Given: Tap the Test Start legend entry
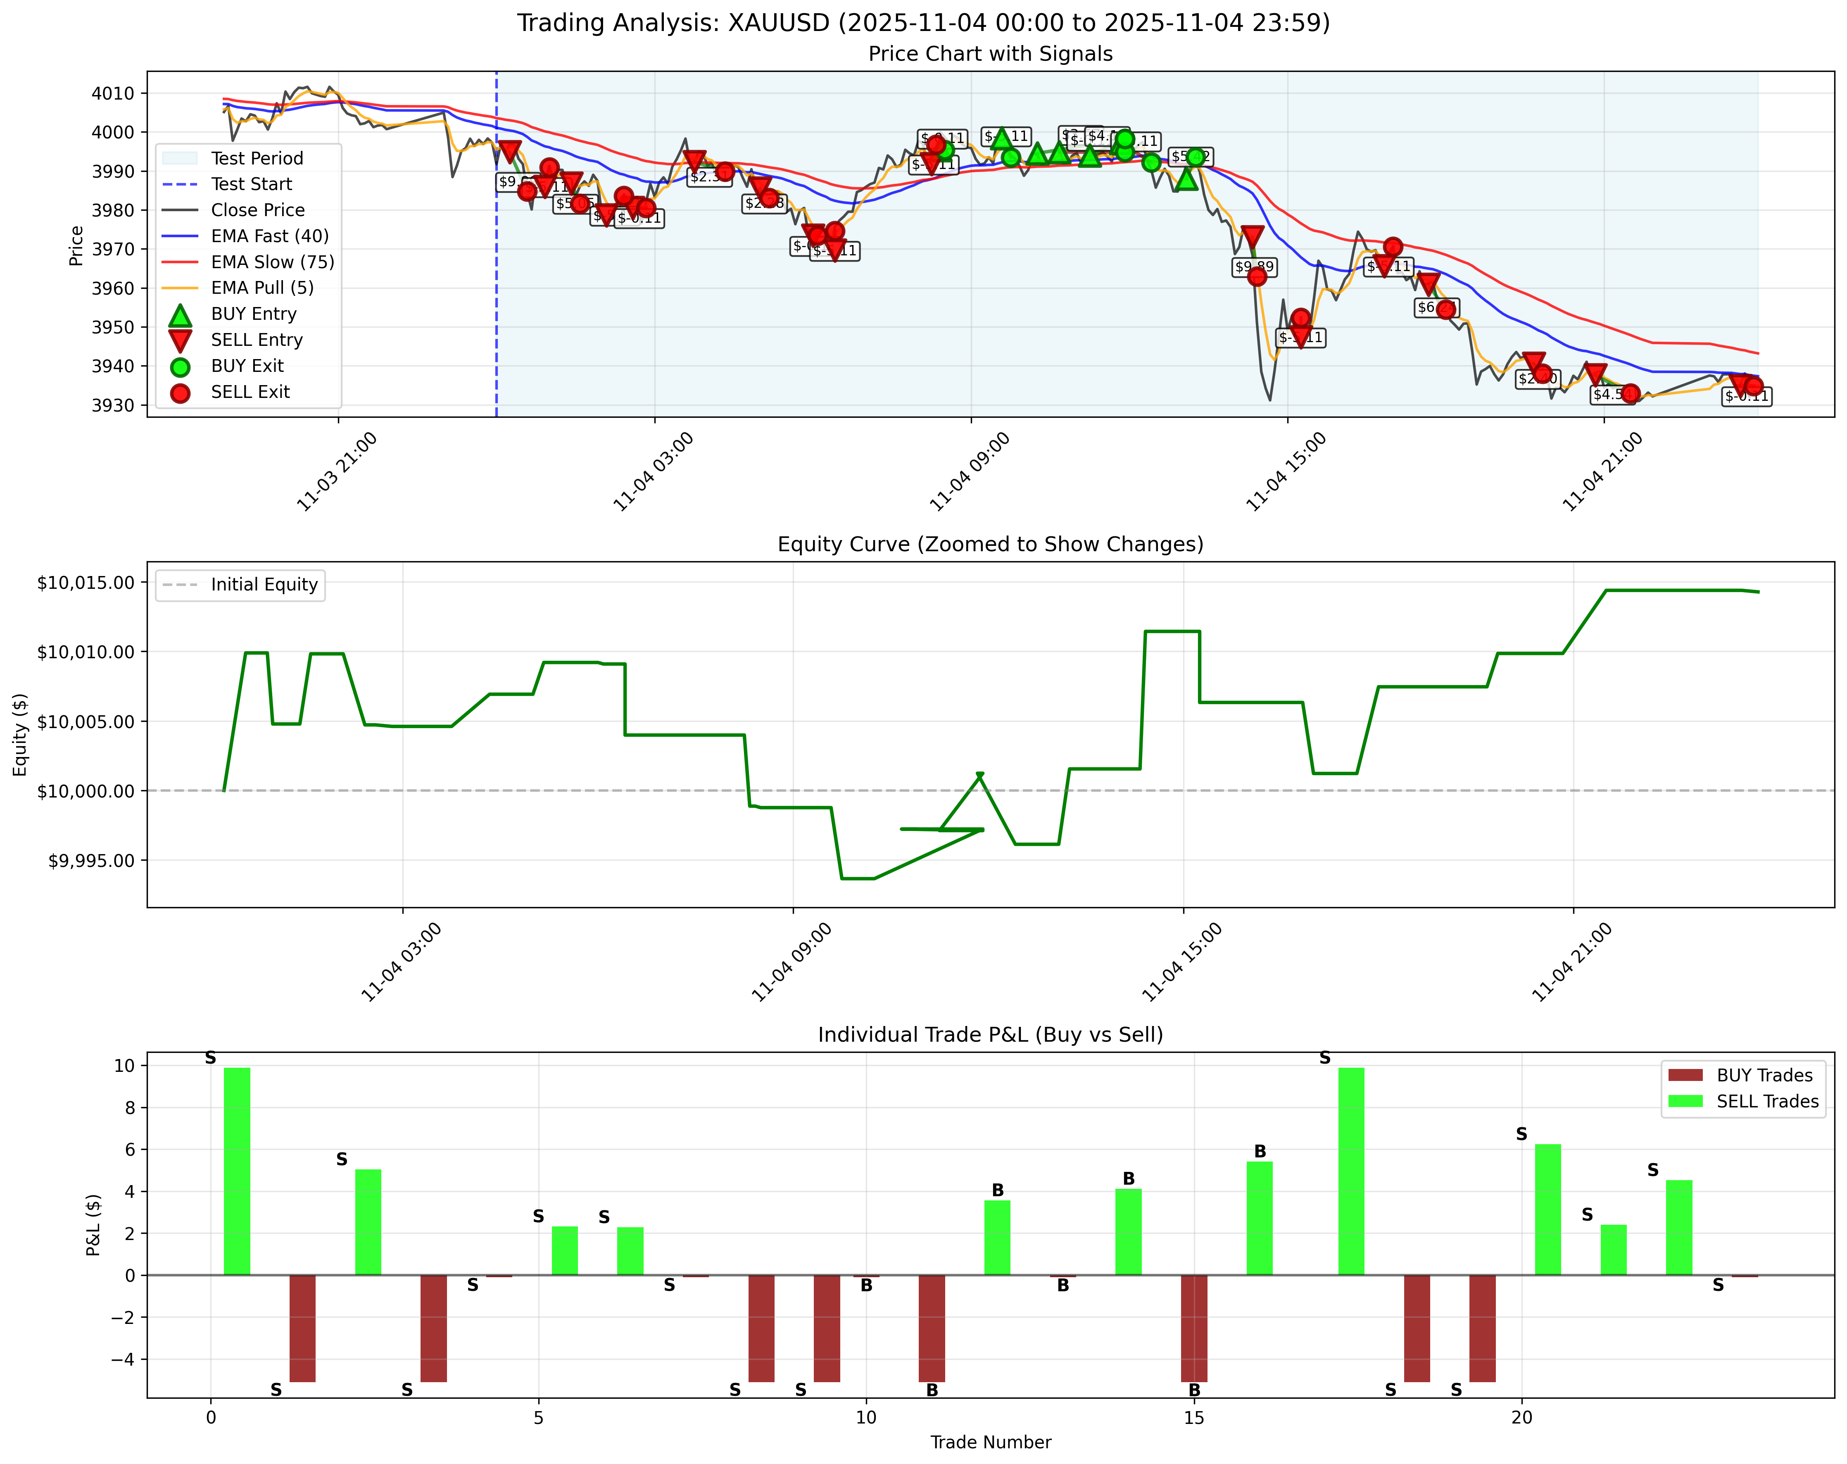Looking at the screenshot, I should coord(251,184).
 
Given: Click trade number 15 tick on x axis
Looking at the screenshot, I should coord(1193,1418).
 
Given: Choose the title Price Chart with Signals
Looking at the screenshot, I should coord(990,54).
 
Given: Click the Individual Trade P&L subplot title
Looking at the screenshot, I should coord(990,1035).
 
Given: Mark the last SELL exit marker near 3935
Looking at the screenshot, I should coord(1754,386).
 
